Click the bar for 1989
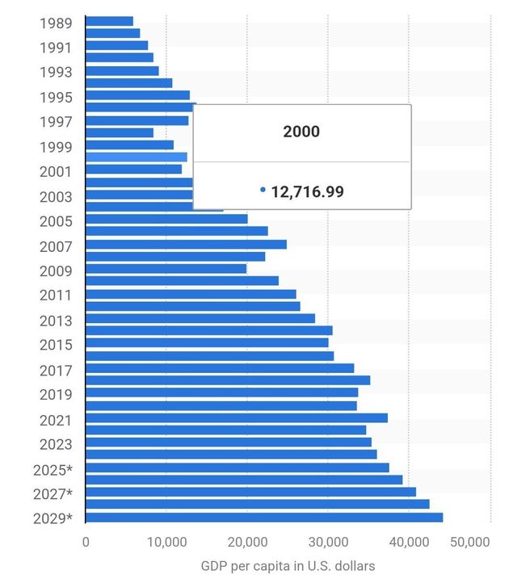pyautogui.click(x=109, y=21)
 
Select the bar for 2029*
pyautogui.click(x=263, y=518)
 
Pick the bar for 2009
pyautogui.click(x=166, y=269)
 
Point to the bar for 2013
pyautogui.click(x=200, y=318)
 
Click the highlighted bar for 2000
pyautogui.click(x=136, y=157)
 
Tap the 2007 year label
pyautogui.click(x=56, y=246)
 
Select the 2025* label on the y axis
pyautogui.click(x=53, y=469)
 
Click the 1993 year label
pyautogui.click(x=56, y=72)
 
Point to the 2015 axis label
pyautogui.click(x=56, y=345)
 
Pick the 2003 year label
pyautogui.click(x=56, y=196)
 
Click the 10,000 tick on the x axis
pyautogui.click(x=167, y=543)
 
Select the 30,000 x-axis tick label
pyautogui.click(x=329, y=543)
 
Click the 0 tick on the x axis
pyautogui.click(x=86, y=543)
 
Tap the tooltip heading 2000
pyautogui.click(x=301, y=132)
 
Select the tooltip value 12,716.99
pyautogui.click(x=307, y=191)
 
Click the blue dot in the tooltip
pyautogui.click(x=263, y=191)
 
